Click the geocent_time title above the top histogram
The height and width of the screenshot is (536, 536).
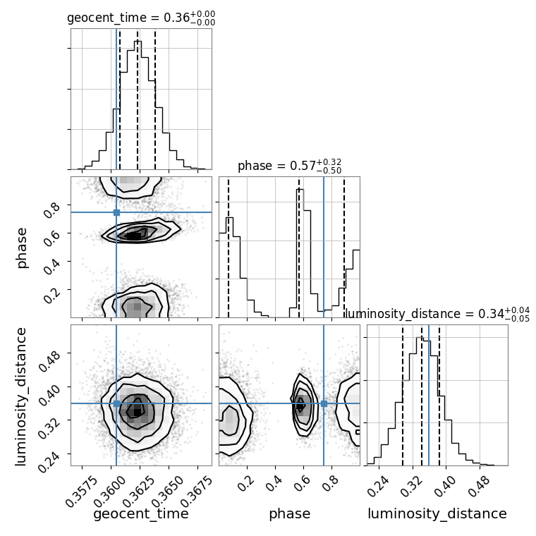pyautogui.click(x=141, y=18)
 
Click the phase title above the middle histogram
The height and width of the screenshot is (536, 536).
pyautogui.click(x=289, y=166)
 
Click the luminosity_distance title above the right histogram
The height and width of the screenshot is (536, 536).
pyautogui.click(x=437, y=314)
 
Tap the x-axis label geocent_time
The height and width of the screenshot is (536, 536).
pyautogui.click(x=141, y=514)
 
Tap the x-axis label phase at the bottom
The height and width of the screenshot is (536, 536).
pyautogui.click(x=289, y=514)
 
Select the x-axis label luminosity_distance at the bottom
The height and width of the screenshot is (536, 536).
pyautogui.click(x=437, y=514)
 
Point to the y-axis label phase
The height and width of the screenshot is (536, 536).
pyautogui.click(x=23, y=247)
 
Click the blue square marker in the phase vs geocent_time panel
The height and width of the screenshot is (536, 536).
pyautogui.click(x=116, y=212)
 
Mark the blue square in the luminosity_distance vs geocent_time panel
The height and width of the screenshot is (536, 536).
pyautogui.click(x=116, y=403)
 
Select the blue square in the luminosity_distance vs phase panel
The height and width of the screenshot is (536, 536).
pyautogui.click(x=324, y=403)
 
